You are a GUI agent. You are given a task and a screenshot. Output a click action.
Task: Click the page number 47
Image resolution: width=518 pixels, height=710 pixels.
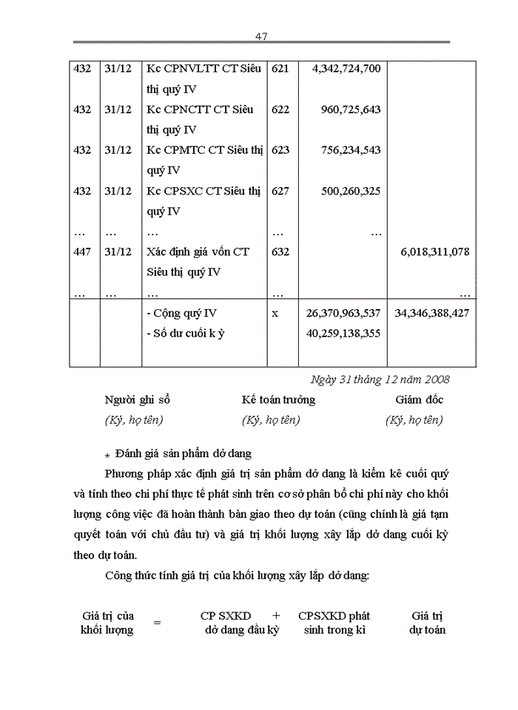click(260, 36)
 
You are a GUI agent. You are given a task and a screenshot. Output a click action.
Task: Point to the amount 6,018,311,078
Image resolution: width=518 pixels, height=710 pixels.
click(435, 252)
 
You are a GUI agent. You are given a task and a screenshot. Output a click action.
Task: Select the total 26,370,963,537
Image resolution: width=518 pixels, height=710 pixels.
click(343, 313)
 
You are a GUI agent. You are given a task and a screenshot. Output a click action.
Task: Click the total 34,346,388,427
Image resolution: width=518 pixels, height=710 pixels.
click(431, 313)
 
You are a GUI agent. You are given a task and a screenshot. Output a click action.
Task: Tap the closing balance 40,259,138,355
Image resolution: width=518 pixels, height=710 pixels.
click(343, 333)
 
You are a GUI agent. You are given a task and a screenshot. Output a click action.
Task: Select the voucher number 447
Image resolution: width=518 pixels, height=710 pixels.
click(83, 252)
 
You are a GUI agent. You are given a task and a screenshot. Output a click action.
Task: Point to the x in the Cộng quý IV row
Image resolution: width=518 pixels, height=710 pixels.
click(275, 314)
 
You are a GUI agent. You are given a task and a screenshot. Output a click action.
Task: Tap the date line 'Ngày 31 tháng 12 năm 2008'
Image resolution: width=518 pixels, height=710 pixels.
click(381, 379)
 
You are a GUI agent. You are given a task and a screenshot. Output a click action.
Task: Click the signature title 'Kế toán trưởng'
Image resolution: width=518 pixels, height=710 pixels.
click(278, 400)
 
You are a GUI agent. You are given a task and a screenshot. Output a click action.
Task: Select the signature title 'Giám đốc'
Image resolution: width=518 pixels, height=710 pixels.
click(419, 400)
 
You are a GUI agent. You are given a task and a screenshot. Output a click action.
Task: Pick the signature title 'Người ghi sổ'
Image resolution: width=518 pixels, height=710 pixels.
click(138, 400)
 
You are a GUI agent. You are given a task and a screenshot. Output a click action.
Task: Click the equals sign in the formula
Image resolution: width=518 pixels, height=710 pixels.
click(157, 623)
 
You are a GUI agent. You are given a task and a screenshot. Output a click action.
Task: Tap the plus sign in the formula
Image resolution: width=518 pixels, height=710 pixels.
click(276, 615)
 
